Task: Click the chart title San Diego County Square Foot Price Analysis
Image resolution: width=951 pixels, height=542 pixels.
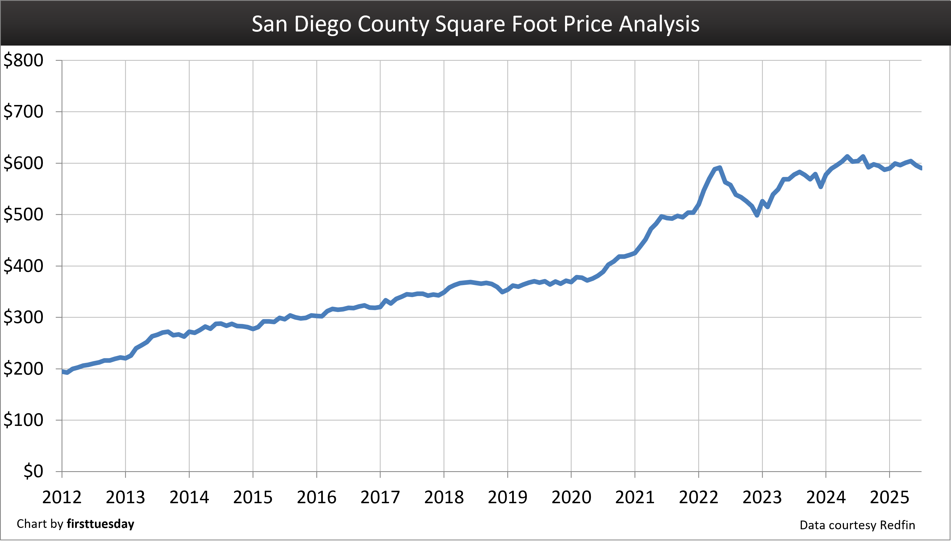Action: pos(475,24)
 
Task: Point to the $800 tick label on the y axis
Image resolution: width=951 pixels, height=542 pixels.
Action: pos(23,60)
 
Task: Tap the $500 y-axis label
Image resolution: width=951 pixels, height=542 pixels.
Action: pos(23,215)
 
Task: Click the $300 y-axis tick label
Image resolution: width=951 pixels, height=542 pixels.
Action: pos(23,318)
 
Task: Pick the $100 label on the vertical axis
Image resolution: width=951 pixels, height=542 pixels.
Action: pos(23,420)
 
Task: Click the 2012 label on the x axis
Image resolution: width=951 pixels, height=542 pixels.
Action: pos(62,497)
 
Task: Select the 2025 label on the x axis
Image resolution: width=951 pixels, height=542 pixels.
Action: pos(889,497)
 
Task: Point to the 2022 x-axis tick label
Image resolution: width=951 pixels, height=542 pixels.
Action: pos(698,497)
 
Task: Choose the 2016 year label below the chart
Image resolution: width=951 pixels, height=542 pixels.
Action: pos(316,497)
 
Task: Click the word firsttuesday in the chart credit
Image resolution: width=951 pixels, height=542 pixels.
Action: pos(100,524)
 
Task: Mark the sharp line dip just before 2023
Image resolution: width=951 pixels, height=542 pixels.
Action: pos(757,215)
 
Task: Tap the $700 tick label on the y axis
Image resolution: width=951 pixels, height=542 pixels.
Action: pos(23,112)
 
